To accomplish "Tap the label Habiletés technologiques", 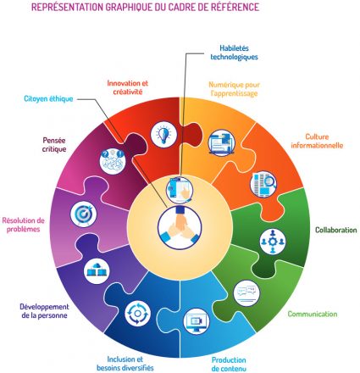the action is pos(234,53).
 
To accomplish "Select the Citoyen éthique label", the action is pos(48,98).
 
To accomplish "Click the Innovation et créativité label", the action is pos(128,87).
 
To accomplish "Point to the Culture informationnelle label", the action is pos(317,141).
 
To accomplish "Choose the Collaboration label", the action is pos(336,230).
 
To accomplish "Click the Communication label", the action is pos(313,314).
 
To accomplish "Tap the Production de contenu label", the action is pos(229,364).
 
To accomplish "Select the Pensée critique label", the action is pos(54,144).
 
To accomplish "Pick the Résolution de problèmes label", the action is pos(24,225).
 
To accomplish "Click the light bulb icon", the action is pos(163,134).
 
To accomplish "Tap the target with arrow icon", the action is pos(83,214).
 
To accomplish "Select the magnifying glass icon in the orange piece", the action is pos(263,184).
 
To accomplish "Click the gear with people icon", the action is pos(273,242).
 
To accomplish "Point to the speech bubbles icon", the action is pos(246,293).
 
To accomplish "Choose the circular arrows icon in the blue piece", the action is pos(138,314).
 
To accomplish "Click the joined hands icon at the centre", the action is pos(180,227).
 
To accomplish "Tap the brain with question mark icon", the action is pos(113,161).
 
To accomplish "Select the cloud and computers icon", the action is pos(97,270).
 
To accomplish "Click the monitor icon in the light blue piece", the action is pos(197,321).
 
